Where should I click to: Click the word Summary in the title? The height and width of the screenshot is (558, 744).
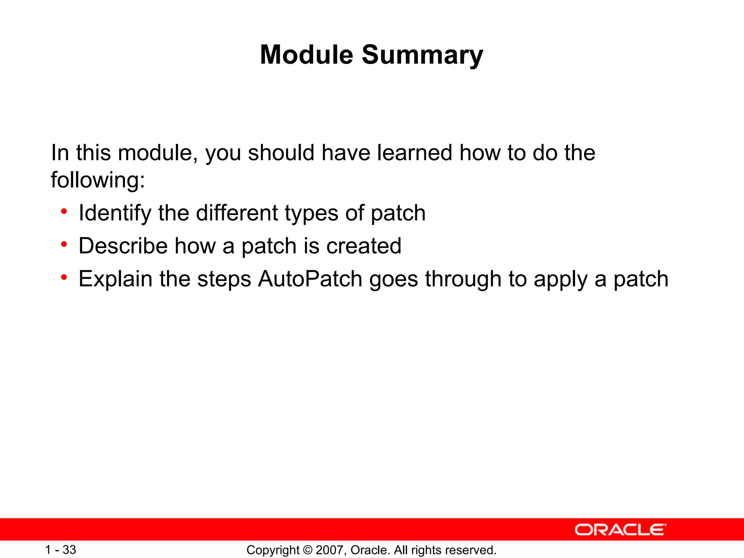tap(422, 55)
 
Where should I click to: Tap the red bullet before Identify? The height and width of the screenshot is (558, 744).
tap(64, 211)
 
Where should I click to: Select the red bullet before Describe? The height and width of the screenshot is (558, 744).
tap(64, 244)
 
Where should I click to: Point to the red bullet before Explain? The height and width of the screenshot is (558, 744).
tap(64, 278)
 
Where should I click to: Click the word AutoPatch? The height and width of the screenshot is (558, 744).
tap(310, 279)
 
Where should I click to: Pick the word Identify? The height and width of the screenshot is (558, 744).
tap(115, 213)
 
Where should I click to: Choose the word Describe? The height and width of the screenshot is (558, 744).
tap(123, 246)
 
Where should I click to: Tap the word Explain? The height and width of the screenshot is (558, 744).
tap(116, 280)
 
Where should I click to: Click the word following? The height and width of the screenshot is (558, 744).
tap(98, 180)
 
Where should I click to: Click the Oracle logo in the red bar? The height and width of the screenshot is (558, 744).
tap(620, 530)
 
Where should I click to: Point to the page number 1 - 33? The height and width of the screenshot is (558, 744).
tap(60, 550)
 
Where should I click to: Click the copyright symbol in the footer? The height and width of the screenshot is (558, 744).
tap(307, 550)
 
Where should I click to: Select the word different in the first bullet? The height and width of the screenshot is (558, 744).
tap(236, 213)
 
